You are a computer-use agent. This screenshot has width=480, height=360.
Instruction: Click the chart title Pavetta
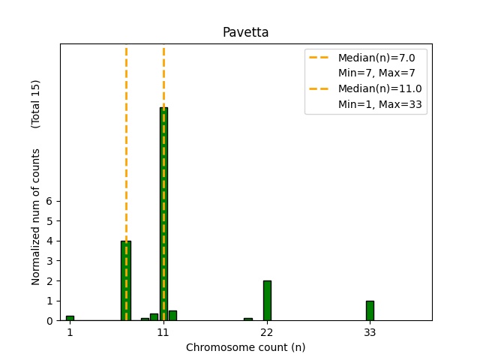pos(245,32)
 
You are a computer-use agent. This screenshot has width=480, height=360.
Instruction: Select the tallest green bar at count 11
pos(163,214)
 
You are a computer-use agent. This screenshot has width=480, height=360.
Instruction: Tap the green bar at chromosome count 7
pos(126,280)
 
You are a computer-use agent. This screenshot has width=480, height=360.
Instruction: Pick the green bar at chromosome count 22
pos(267,300)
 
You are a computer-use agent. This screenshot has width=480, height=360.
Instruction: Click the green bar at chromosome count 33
pos(370,310)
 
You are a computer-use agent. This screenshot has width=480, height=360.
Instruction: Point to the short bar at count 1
pos(70,318)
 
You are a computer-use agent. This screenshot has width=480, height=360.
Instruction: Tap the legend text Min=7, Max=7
pos(376,73)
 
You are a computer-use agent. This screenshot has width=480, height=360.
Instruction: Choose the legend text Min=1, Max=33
pos(382,105)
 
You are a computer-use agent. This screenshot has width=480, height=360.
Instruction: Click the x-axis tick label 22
pos(267,331)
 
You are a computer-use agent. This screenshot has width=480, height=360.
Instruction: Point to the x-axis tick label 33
pos(370,331)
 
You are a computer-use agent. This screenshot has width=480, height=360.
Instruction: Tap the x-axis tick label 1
pos(70,331)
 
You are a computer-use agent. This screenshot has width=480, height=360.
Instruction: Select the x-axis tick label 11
pos(163,331)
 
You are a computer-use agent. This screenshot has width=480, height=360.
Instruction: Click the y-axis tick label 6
pos(50,201)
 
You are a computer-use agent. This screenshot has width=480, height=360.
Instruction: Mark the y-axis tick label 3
pos(50,261)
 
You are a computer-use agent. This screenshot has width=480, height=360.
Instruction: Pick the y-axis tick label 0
pos(50,321)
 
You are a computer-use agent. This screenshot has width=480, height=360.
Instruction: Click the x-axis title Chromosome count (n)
pos(245,347)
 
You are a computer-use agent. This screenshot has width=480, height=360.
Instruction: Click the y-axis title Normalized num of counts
pos(36,225)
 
